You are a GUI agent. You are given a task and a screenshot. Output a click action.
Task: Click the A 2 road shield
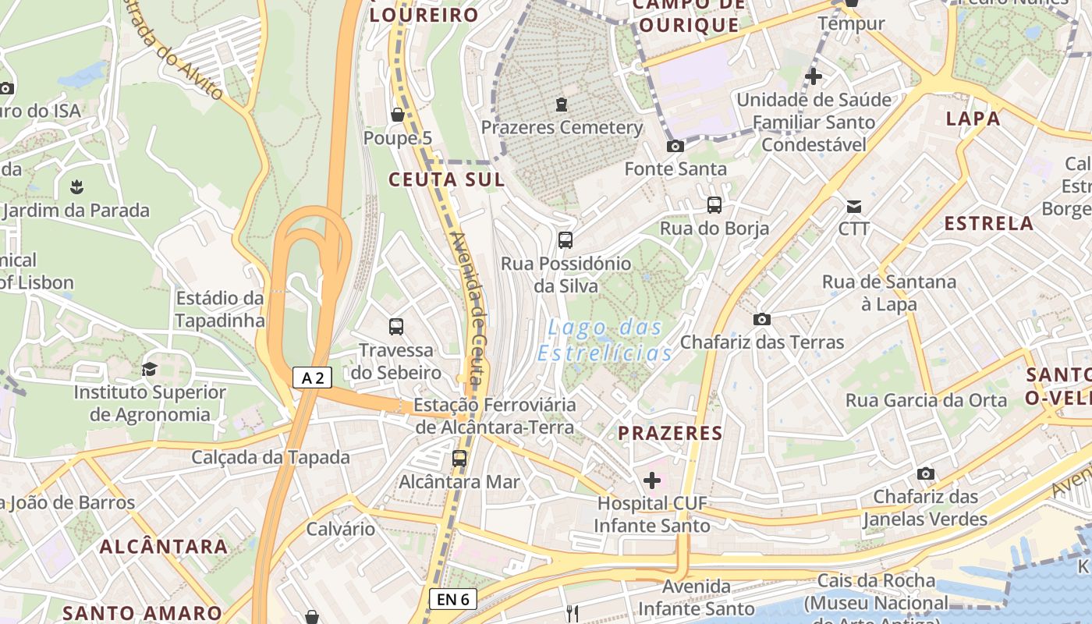tap(313, 378)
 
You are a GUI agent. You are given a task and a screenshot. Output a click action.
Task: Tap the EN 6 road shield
tap(452, 599)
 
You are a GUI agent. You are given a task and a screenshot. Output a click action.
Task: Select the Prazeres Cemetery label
tap(562, 127)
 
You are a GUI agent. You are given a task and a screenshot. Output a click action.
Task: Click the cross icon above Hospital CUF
tap(652, 480)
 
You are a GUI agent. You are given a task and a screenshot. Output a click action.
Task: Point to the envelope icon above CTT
tap(854, 207)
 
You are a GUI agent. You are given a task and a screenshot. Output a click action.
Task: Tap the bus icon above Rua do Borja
tap(714, 205)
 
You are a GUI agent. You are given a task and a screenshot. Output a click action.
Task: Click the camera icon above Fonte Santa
tap(675, 146)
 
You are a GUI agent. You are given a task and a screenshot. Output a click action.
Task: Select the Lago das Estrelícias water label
tap(604, 340)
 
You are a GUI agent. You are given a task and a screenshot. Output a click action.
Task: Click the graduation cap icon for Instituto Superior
tap(149, 369)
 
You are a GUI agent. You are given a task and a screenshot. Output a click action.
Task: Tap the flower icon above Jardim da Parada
tap(76, 187)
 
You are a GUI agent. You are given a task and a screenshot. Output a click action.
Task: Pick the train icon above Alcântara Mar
tap(459, 459)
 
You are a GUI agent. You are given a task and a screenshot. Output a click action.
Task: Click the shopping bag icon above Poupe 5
tap(398, 115)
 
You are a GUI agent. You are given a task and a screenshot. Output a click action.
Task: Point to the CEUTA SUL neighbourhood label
tap(446, 179)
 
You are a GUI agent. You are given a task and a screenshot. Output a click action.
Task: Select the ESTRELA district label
tap(988, 224)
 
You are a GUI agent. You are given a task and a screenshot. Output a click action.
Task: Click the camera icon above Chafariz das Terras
tap(762, 319)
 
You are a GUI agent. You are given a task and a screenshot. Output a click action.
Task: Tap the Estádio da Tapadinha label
tap(220, 309)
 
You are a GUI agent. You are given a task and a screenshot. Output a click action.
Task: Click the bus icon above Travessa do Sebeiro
tap(396, 327)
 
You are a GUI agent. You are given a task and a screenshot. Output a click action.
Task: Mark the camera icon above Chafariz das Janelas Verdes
tap(926, 473)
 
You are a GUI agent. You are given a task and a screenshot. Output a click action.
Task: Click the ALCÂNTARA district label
tap(164, 546)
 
